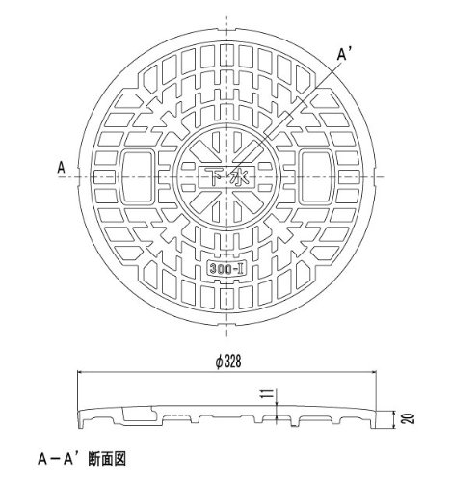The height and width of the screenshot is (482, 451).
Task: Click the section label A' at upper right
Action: pyautogui.click(x=342, y=55)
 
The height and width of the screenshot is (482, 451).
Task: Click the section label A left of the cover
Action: pyautogui.click(x=61, y=168)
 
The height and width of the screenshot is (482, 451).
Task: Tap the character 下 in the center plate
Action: pyautogui.click(x=214, y=176)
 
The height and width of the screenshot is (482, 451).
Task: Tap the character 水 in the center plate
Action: pyautogui.click(x=239, y=177)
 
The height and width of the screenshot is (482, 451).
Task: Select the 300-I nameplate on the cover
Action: pyautogui.click(x=225, y=268)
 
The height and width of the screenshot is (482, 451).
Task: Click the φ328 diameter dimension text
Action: pyautogui.click(x=227, y=362)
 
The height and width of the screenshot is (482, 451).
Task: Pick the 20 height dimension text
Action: pyautogui.click(x=410, y=418)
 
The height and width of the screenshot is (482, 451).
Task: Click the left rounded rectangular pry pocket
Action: pyautogui.click(x=138, y=176)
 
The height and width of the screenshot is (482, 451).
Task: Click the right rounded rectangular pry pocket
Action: pyautogui.click(x=316, y=176)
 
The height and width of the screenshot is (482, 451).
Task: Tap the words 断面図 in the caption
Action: pyautogui.click(x=107, y=459)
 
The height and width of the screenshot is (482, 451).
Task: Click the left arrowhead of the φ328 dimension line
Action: pyautogui.click(x=79, y=372)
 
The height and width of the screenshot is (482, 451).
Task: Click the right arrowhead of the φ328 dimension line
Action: pyautogui.click(x=375, y=372)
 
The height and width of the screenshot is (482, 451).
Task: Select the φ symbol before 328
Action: pyautogui.click(x=218, y=362)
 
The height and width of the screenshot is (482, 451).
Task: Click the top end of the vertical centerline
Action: pyautogui.click(x=227, y=15)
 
